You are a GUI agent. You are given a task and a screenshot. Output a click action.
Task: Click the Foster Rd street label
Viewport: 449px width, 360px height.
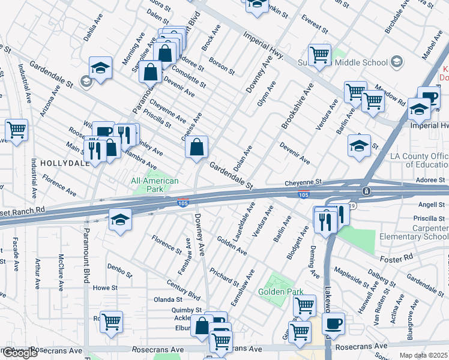point(397,257)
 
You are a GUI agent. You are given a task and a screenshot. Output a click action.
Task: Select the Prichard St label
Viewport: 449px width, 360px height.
point(224,277)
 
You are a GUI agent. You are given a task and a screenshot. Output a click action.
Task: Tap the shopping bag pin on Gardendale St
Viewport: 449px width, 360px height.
point(197,146)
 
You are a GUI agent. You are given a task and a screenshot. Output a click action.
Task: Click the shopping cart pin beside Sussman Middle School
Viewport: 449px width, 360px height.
point(320,55)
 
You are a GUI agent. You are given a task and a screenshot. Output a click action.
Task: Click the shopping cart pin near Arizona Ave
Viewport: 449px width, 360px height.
point(16,129)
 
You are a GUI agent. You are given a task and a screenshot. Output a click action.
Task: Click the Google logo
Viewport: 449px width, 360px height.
point(20,353)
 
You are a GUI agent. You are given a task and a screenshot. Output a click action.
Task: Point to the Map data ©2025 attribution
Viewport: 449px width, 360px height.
point(424,355)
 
